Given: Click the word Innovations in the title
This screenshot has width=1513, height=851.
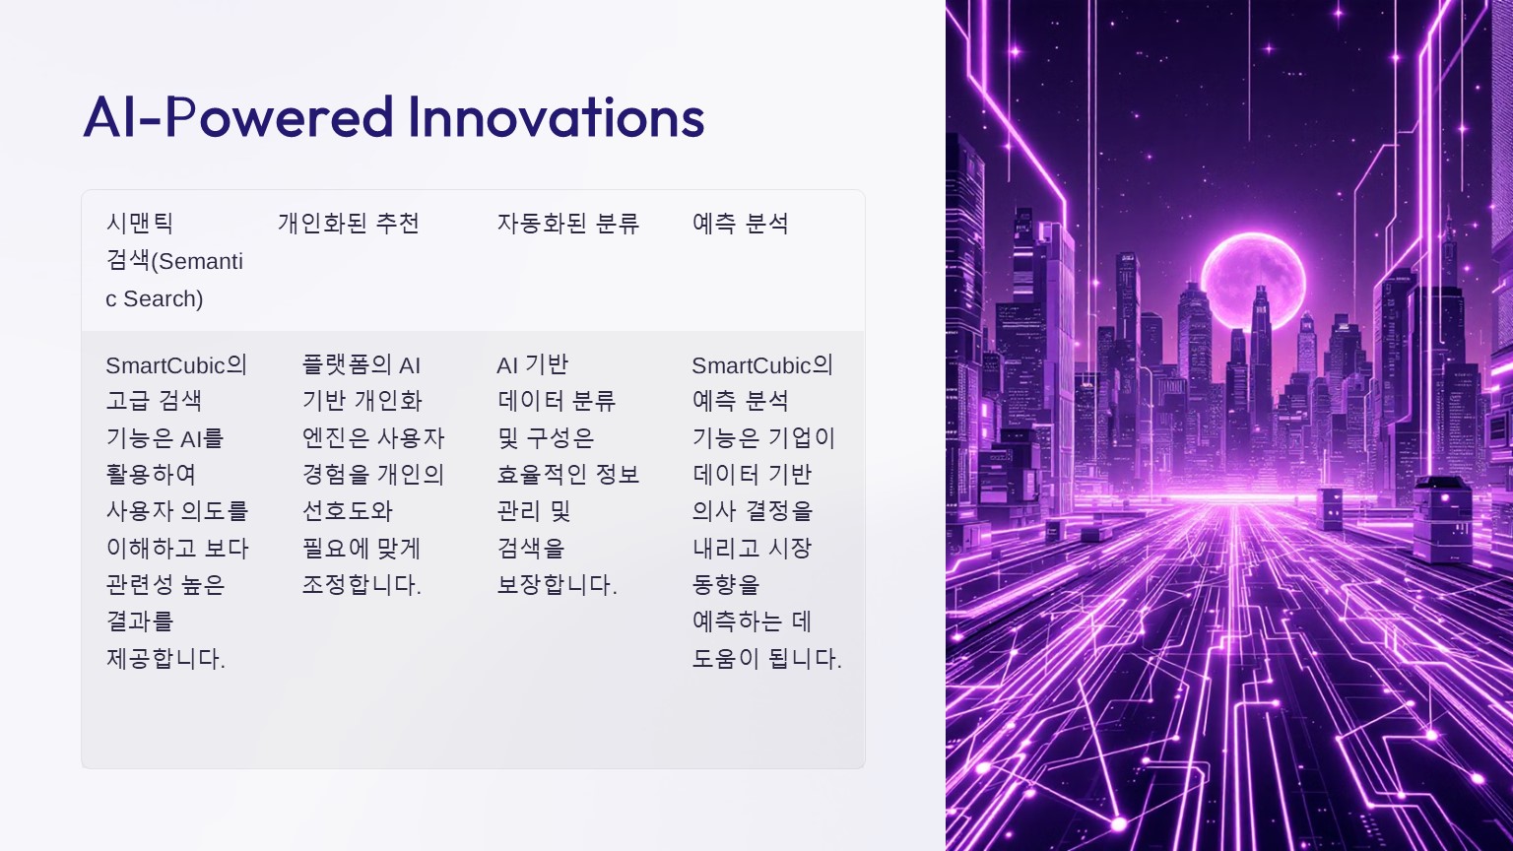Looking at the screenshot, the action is click(557, 117).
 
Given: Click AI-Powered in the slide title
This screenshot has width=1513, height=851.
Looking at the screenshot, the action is click(237, 117).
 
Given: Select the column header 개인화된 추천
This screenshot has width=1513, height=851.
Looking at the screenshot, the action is click(349, 223).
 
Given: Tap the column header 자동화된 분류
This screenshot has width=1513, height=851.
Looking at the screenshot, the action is click(568, 223).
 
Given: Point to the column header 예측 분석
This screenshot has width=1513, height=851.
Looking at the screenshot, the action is click(741, 223).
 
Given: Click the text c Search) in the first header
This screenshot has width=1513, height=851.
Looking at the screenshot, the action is click(154, 298).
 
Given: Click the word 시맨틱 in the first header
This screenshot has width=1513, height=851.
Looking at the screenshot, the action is click(140, 223).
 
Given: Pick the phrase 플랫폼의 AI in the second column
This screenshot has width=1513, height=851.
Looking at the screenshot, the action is click(362, 365).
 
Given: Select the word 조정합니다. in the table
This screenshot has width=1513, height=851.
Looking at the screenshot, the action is click(362, 584).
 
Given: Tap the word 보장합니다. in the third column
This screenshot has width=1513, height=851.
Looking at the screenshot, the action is click(557, 584).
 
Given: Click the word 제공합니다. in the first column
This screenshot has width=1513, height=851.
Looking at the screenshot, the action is click(165, 658).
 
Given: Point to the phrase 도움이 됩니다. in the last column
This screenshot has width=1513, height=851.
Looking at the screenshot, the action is click(766, 658).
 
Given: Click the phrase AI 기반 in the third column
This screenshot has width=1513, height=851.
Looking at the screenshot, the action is click(532, 365).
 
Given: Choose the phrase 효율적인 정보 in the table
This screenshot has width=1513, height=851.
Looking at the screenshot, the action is click(568, 474).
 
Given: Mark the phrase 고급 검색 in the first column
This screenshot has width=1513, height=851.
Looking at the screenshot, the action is click(154, 401).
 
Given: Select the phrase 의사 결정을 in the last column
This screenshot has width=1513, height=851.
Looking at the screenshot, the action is click(752, 510).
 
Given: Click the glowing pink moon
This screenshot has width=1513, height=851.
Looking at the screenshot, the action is click(1252, 283).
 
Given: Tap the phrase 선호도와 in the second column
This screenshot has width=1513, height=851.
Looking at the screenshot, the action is click(347, 510).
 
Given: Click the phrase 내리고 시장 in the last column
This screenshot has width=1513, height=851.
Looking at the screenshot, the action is click(752, 548).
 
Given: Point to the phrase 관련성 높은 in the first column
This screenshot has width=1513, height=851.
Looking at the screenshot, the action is click(165, 584).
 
